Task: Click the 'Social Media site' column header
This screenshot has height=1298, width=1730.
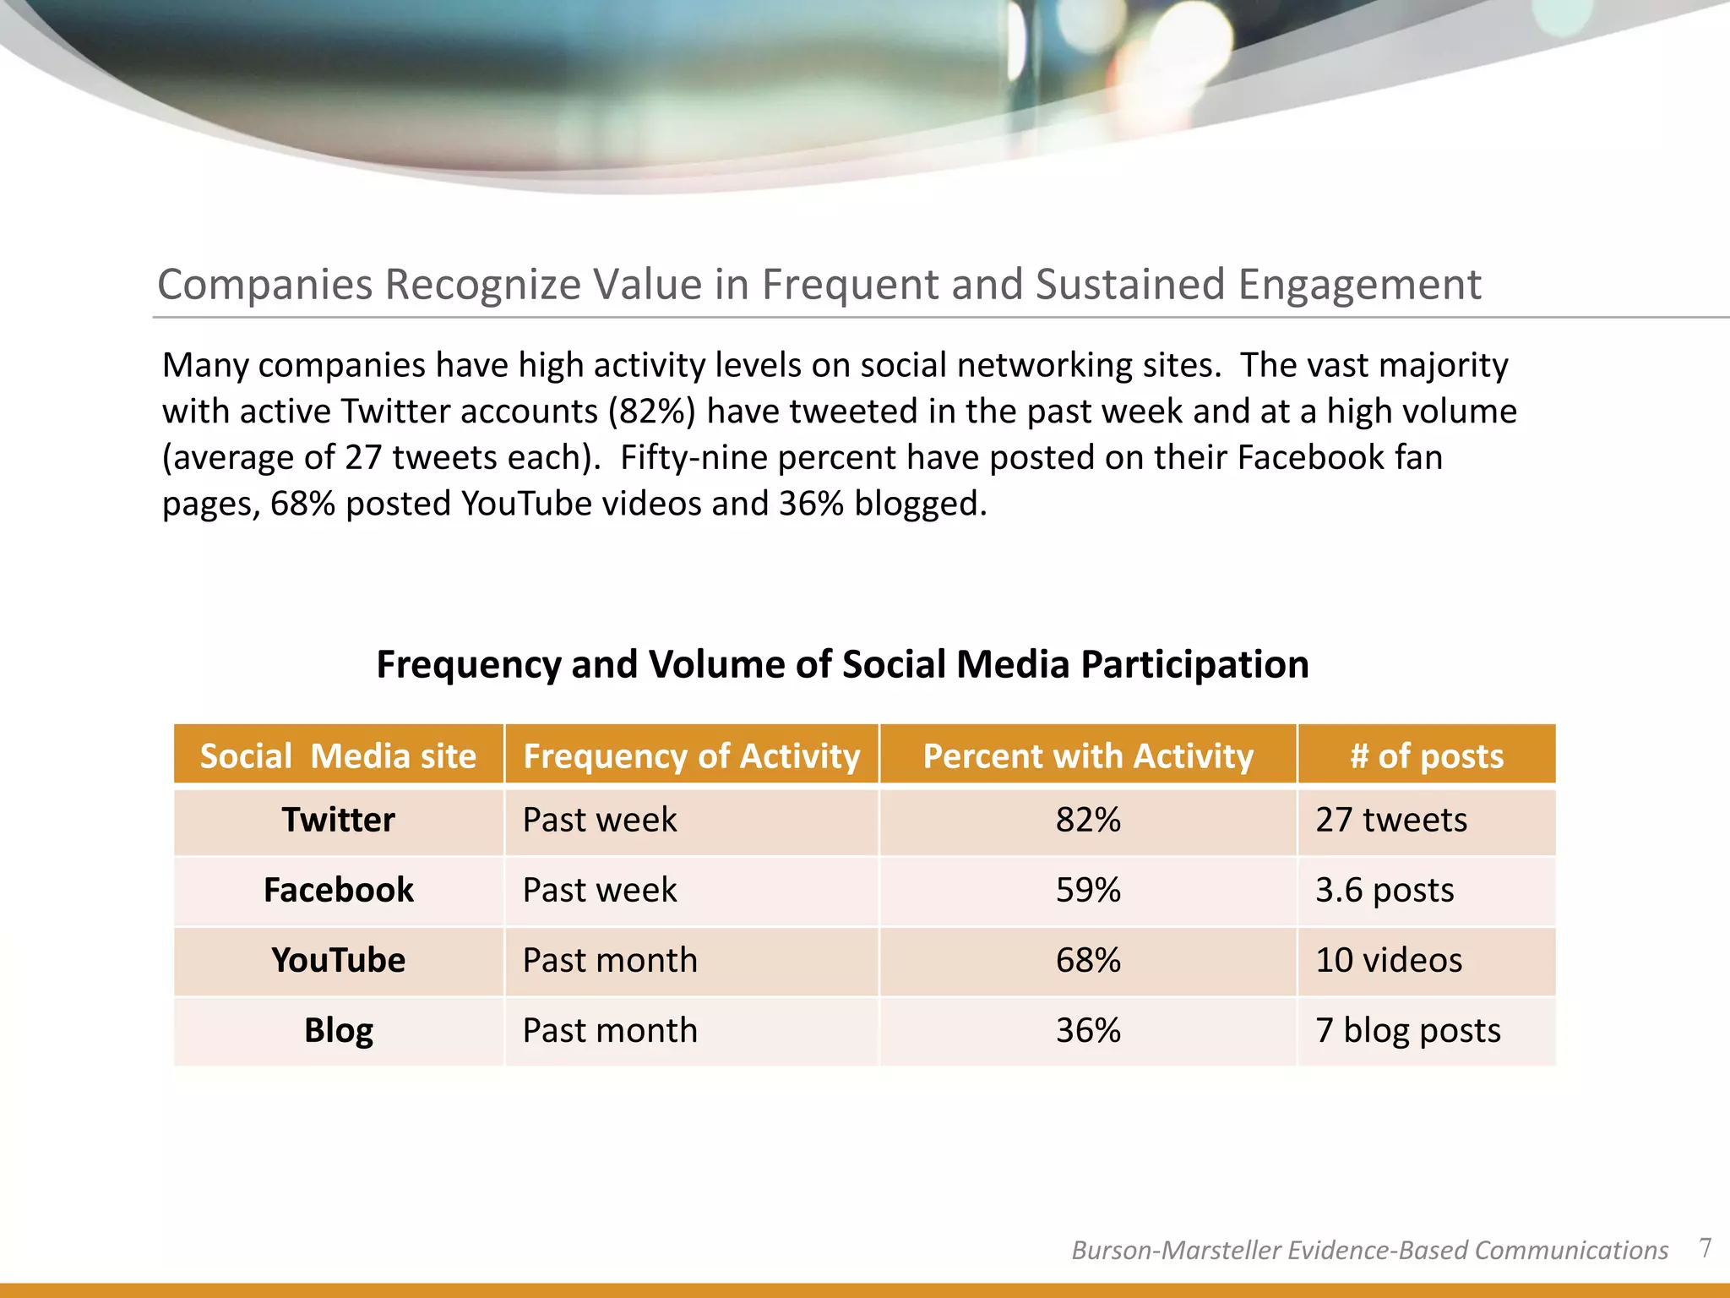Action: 338,755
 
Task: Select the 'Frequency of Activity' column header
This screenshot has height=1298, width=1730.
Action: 691,755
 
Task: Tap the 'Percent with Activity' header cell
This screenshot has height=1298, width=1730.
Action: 1088,755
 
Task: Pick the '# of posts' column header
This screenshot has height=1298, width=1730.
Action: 1427,755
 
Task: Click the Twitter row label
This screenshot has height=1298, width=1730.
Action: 338,820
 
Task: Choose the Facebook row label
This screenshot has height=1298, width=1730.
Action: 338,890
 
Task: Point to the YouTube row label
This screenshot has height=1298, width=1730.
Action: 338,960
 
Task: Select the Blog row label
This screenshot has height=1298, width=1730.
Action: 338,1030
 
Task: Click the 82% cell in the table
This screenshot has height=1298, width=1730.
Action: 1088,820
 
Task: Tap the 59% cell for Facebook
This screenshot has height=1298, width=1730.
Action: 1088,890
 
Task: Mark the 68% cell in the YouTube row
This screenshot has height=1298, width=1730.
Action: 1088,960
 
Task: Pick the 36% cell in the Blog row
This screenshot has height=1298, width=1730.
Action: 1088,1030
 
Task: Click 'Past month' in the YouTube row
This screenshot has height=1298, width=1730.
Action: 610,960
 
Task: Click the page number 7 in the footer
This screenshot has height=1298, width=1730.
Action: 1705,1248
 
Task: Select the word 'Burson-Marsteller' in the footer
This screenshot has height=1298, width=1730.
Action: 1176,1250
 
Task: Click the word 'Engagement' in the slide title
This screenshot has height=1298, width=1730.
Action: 1359,284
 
